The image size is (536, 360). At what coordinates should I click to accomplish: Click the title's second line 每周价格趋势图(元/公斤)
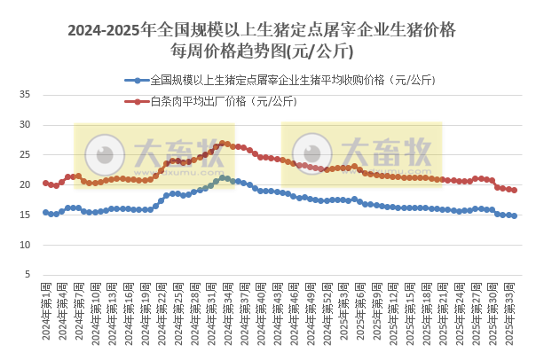(x=262, y=51)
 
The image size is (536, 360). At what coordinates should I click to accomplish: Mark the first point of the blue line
(x=45, y=212)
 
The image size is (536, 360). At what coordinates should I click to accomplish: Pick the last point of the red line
(x=514, y=190)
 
